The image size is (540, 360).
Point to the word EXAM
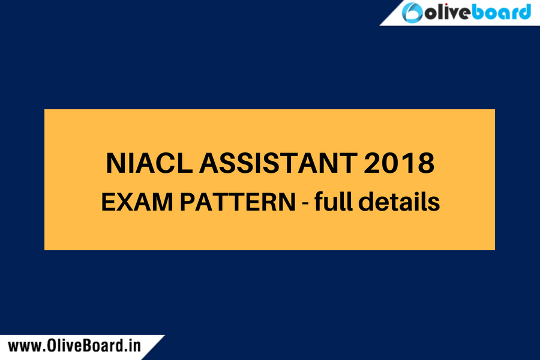click(x=133, y=203)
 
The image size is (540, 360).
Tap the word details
click(x=400, y=202)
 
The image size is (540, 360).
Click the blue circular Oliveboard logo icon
click(x=415, y=13)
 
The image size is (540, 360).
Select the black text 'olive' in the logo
click(x=449, y=13)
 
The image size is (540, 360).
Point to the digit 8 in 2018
click(x=424, y=164)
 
